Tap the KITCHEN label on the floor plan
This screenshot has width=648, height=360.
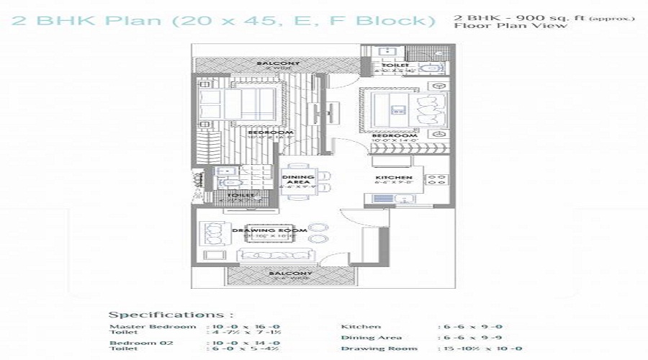[393, 177]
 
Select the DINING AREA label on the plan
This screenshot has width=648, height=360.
[297, 180]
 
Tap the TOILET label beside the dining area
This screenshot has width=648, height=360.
[240, 194]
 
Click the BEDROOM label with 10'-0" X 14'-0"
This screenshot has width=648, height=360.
[395, 136]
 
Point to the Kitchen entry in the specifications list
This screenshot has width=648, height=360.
[361, 326]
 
